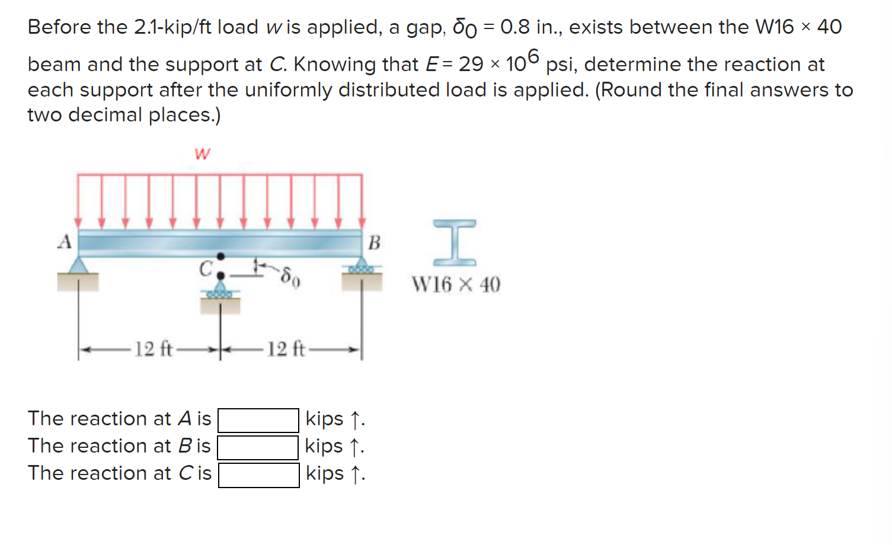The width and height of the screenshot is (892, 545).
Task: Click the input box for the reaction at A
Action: [x=258, y=420]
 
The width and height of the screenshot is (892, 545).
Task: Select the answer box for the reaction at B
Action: [x=258, y=447]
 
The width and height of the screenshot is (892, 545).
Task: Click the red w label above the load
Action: [x=202, y=154]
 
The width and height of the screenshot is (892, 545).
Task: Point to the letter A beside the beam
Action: [x=65, y=242]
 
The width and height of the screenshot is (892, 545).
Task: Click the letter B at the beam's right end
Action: [x=374, y=242]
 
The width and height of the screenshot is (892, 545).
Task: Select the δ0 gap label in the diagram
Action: [x=290, y=276]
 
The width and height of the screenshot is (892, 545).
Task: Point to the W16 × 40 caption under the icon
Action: [x=456, y=285]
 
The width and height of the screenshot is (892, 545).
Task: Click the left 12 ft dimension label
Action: [x=153, y=349]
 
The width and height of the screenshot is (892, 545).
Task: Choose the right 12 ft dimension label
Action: [x=286, y=349]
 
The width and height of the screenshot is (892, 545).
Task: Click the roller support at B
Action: [x=361, y=267]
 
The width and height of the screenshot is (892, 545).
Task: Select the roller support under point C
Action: [x=220, y=290]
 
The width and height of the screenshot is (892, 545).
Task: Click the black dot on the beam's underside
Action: [x=220, y=256]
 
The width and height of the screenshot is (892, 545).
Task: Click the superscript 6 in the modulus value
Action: [x=533, y=56]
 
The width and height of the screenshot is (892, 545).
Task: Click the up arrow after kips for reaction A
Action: [x=355, y=420]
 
